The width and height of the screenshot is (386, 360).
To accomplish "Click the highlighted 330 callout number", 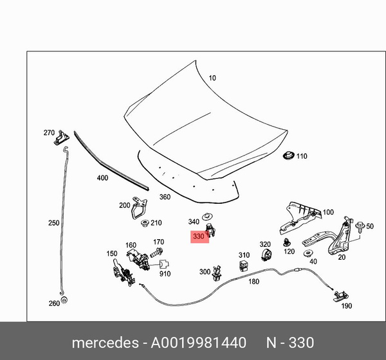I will point(198,237).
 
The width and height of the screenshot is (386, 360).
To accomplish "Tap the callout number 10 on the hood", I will point(212,78).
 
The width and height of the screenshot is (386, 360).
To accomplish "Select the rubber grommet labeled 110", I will point(288,156).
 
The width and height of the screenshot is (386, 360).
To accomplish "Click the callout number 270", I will point(49,132).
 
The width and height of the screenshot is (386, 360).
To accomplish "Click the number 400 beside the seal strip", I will point(102,177).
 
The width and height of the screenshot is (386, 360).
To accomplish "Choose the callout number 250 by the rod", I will point(53,223).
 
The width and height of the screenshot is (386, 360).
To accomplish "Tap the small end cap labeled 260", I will point(66,301).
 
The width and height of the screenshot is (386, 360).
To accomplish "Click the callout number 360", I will point(165,197).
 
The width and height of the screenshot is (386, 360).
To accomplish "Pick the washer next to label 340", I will point(207,216).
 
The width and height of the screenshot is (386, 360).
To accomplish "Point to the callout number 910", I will point(165,274).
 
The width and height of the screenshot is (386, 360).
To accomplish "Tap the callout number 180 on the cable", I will point(253,281).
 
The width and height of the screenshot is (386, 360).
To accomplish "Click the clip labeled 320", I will point(264,256).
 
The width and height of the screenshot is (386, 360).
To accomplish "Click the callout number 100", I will point(328,212).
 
